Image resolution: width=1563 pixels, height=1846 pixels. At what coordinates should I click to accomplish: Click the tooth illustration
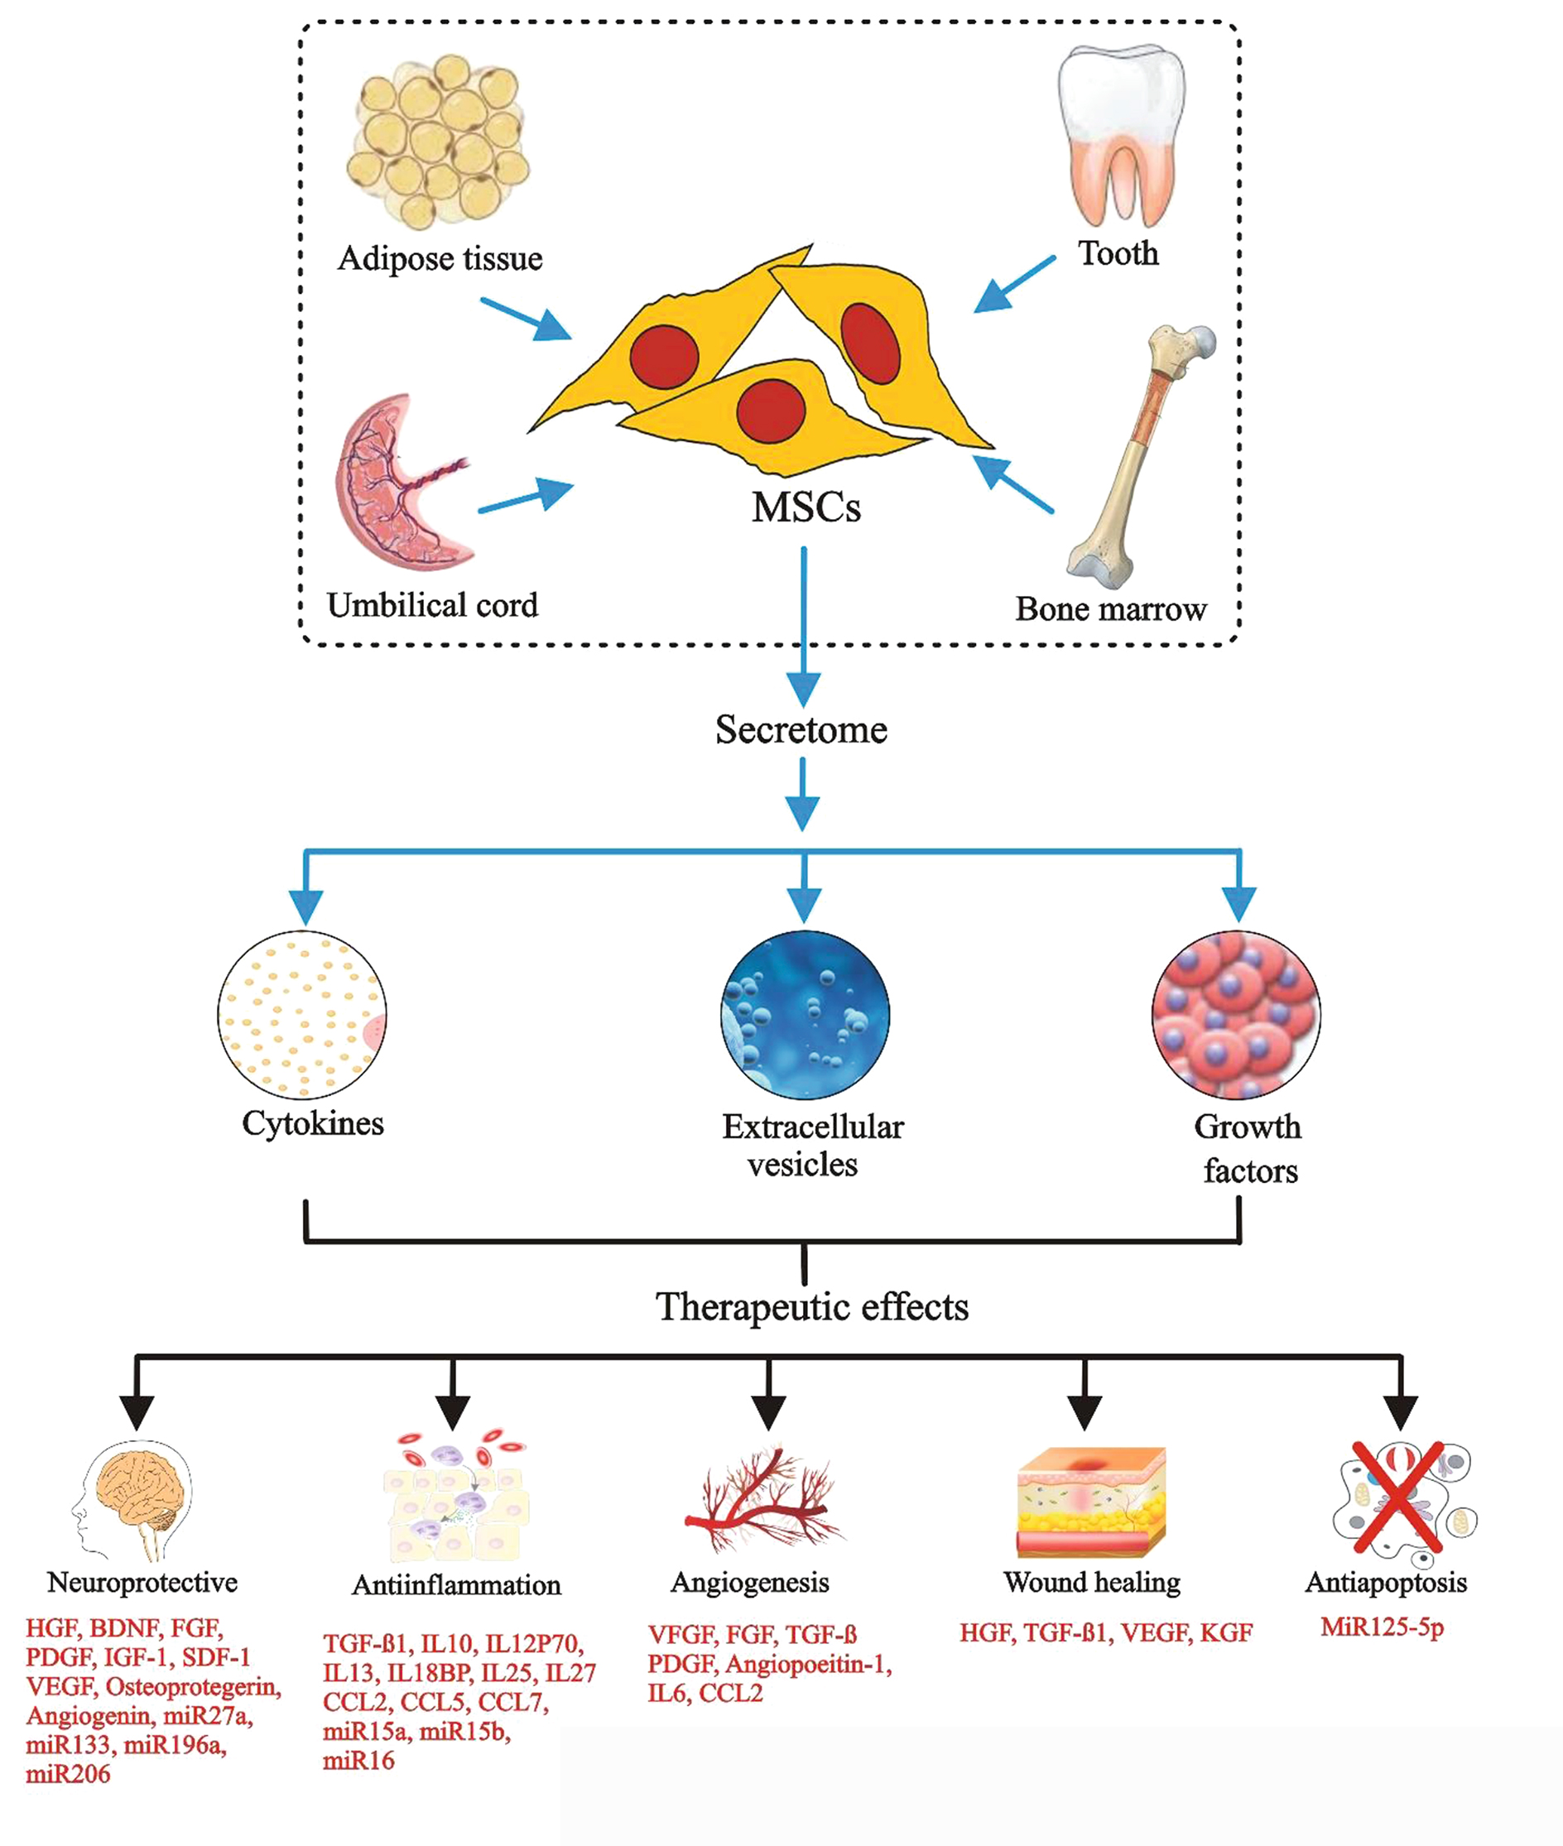click(x=1121, y=133)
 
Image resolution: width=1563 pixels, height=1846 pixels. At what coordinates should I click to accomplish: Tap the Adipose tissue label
click(x=440, y=258)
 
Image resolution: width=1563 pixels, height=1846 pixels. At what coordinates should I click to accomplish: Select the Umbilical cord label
click(x=432, y=606)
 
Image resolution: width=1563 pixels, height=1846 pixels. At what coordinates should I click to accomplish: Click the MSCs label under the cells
click(x=806, y=507)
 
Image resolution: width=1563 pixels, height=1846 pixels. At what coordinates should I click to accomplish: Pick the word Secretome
click(x=801, y=730)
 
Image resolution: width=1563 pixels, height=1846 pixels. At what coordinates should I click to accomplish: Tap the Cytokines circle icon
click(x=302, y=1015)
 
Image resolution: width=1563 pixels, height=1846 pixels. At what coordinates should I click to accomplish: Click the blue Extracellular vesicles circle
click(x=805, y=1015)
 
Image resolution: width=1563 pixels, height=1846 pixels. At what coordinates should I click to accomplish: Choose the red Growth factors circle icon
click(x=1236, y=1015)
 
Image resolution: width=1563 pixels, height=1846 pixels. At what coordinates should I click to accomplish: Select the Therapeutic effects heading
click(x=811, y=1307)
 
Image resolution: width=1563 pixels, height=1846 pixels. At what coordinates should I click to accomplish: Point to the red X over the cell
click(x=1397, y=1497)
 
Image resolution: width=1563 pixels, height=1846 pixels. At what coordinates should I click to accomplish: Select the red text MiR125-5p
click(x=1383, y=1627)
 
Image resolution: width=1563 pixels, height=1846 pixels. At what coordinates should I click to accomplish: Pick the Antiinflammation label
click(x=456, y=1584)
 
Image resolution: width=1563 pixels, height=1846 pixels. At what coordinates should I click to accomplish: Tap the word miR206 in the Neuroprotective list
click(x=68, y=1774)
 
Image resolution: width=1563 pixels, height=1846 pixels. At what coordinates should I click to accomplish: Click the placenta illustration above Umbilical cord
click(x=399, y=483)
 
